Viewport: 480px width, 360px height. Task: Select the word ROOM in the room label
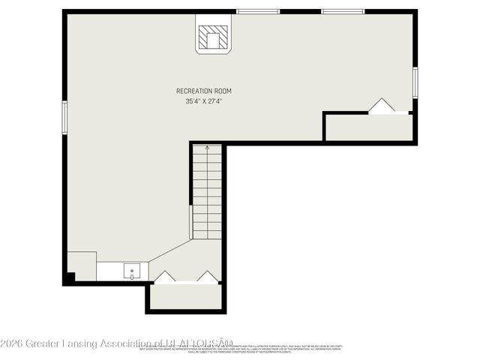click(223, 91)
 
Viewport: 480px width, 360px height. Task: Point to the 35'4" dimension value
click(193, 101)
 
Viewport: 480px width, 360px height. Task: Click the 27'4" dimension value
click(217, 101)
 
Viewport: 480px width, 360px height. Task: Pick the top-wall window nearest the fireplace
click(258, 11)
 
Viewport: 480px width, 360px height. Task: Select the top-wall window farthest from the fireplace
click(343, 11)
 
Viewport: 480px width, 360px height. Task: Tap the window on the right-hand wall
click(415, 82)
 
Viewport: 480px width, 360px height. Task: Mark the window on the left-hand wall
click(64, 117)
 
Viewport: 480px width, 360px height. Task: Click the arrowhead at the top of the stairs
click(208, 148)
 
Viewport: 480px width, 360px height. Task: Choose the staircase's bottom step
click(208, 234)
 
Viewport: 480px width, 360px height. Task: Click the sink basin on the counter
click(133, 270)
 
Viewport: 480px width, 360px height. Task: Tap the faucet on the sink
click(133, 277)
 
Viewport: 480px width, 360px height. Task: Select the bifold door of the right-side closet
click(382, 106)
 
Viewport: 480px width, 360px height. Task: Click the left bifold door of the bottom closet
click(164, 277)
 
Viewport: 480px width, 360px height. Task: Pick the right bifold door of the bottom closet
click(207, 277)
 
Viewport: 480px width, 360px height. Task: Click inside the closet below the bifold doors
click(185, 297)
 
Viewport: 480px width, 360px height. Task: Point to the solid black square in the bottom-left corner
click(69, 277)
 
